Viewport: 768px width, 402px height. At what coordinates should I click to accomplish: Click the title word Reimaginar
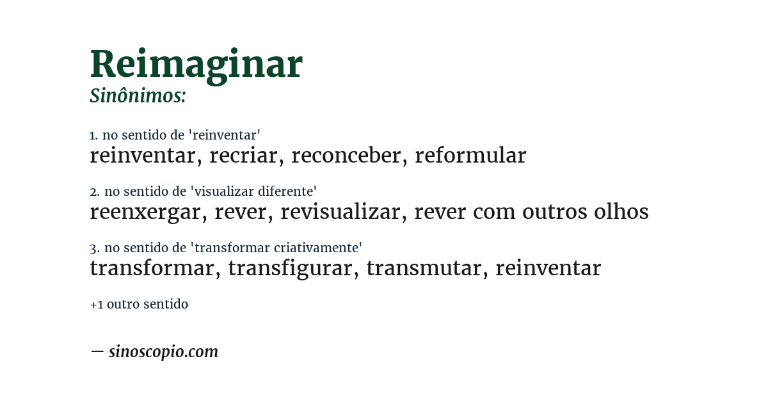pos(196,65)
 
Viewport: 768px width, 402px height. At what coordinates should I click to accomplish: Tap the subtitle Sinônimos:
pos(138,96)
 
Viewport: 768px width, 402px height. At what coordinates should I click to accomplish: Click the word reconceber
pos(346,156)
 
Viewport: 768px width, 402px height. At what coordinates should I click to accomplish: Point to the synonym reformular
pos(470,156)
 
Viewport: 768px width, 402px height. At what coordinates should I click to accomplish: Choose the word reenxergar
pos(145,212)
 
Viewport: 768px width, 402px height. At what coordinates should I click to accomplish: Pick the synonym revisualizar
pos(340,212)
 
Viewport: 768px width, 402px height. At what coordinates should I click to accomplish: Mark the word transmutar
pos(423,268)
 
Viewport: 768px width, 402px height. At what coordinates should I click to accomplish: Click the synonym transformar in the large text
pos(152,268)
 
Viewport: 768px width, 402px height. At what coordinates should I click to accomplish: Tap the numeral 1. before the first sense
pos(93,135)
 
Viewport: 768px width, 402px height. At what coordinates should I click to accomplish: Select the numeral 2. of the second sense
pos(94,191)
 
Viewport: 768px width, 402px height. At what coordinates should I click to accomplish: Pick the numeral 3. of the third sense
pos(94,248)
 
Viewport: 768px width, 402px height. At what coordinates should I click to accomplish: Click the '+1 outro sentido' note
pos(139,305)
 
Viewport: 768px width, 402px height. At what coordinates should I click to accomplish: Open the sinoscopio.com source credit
pos(163,352)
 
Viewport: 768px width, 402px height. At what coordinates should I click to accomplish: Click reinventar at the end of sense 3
pos(548,268)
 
